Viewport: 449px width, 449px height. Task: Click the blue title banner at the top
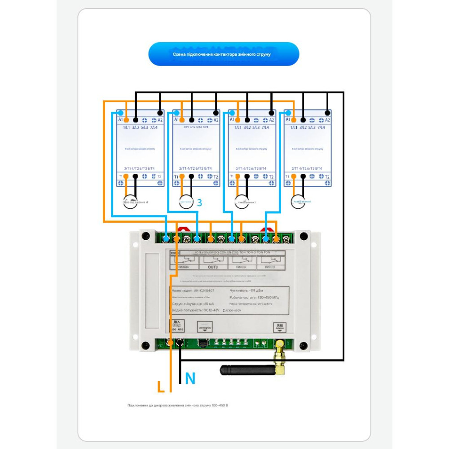coord(224,54)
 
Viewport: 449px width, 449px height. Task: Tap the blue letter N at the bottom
coord(190,379)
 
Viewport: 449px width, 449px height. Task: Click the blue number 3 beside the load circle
coord(200,203)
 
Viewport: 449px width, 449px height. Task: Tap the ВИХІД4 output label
coord(183,267)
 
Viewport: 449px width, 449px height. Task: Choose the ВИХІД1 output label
coord(269,267)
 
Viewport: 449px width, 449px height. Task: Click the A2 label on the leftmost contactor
coord(160,120)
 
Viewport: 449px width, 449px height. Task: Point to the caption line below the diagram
coord(177,406)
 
